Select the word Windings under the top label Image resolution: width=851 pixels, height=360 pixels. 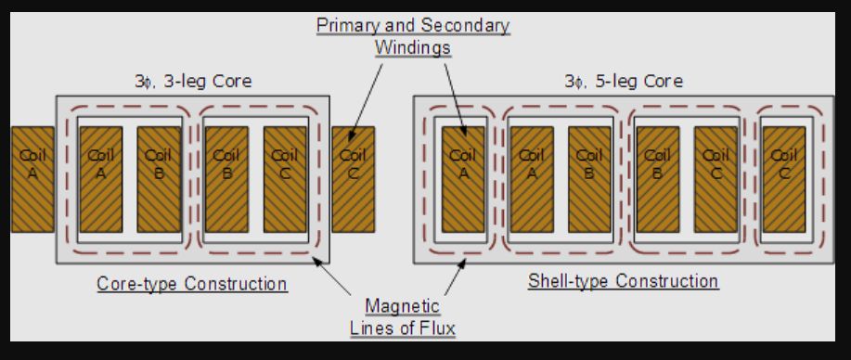(412, 47)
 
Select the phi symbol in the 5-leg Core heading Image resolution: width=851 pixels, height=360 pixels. (578, 82)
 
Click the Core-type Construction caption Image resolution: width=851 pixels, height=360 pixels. (191, 283)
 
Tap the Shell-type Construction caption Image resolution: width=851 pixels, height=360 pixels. (623, 281)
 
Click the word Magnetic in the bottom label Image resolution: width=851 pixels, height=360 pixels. (402, 305)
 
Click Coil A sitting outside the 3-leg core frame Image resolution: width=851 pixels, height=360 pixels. (32, 179)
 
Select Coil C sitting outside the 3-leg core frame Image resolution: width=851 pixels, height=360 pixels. (353, 179)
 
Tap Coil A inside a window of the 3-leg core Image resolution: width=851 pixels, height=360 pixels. (101, 179)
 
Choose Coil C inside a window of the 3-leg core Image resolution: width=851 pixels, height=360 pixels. (285, 179)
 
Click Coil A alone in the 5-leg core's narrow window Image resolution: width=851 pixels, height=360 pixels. (463, 179)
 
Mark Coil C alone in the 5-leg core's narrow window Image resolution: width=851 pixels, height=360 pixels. (783, 179)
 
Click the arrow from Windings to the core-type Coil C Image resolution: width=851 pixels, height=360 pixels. (366, 102)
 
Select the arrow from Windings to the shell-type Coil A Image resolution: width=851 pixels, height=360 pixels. (456, 99)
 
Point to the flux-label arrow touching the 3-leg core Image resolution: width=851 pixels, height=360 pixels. (333, 276)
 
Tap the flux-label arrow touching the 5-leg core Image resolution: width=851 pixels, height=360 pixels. (455, 276)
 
